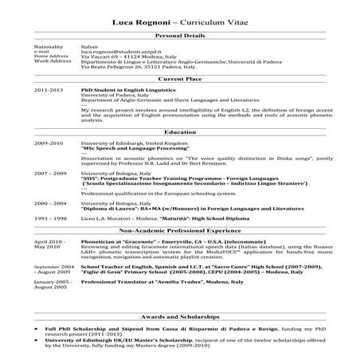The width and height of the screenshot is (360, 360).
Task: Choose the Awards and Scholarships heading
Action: coord(179,315)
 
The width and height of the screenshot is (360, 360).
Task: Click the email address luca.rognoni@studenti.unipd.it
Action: coord(118,52)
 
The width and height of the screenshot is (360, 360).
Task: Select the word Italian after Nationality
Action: coord(89,47)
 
